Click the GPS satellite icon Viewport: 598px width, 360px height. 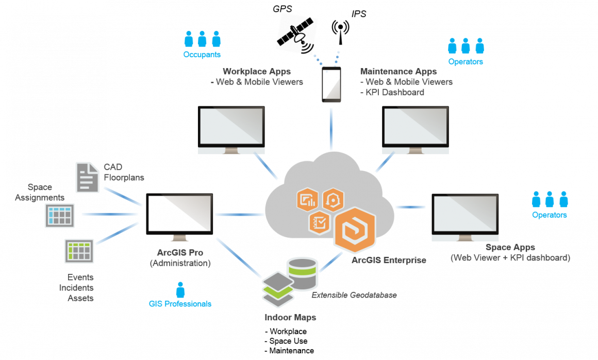[x=295, y=35]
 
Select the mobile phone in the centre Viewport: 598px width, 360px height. [x=331, y=85]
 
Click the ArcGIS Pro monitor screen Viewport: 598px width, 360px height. [x=179, y=214]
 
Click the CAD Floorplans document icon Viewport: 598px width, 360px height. [x=87, y=177]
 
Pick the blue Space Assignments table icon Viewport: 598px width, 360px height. [x=60, y=216]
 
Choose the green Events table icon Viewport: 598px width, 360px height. [x=79, y=251]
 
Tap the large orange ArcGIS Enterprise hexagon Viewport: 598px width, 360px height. [x=355, y=230]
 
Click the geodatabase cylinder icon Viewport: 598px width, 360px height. [x=303, y=273]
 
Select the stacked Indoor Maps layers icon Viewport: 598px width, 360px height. [x=278, y=289]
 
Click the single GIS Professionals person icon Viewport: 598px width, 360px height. [x=180, y=290]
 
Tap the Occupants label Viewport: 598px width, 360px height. [x=202, y=55]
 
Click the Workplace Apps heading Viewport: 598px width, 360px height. [x=257, y=71]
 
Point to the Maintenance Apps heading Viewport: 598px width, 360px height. [x=398, y=71]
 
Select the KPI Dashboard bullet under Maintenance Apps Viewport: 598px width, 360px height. [x=392, y=92]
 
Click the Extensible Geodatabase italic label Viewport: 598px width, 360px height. [x=354, y=295]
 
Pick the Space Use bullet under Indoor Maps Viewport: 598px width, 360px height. [x=286, y=341]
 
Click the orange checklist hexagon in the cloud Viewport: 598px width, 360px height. [x=319, y=223]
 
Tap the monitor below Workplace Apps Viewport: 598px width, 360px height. [x=231, y=129]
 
